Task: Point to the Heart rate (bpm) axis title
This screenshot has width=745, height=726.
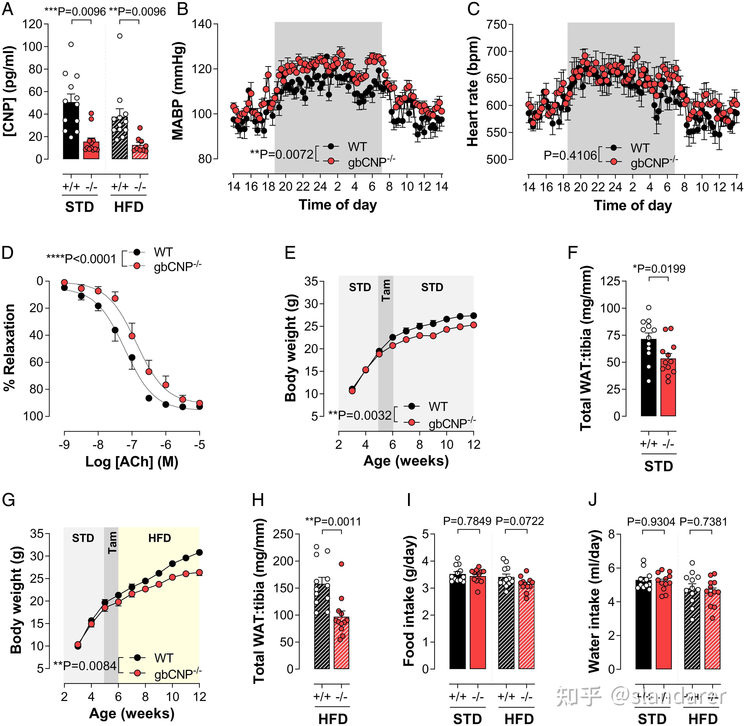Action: [x=473, y=91]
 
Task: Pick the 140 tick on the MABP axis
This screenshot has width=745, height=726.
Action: [x=202, y=24]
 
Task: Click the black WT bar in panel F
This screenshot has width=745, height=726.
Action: [x=649, y=377]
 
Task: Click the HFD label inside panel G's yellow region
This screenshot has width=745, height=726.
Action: [x=159, y=538]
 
